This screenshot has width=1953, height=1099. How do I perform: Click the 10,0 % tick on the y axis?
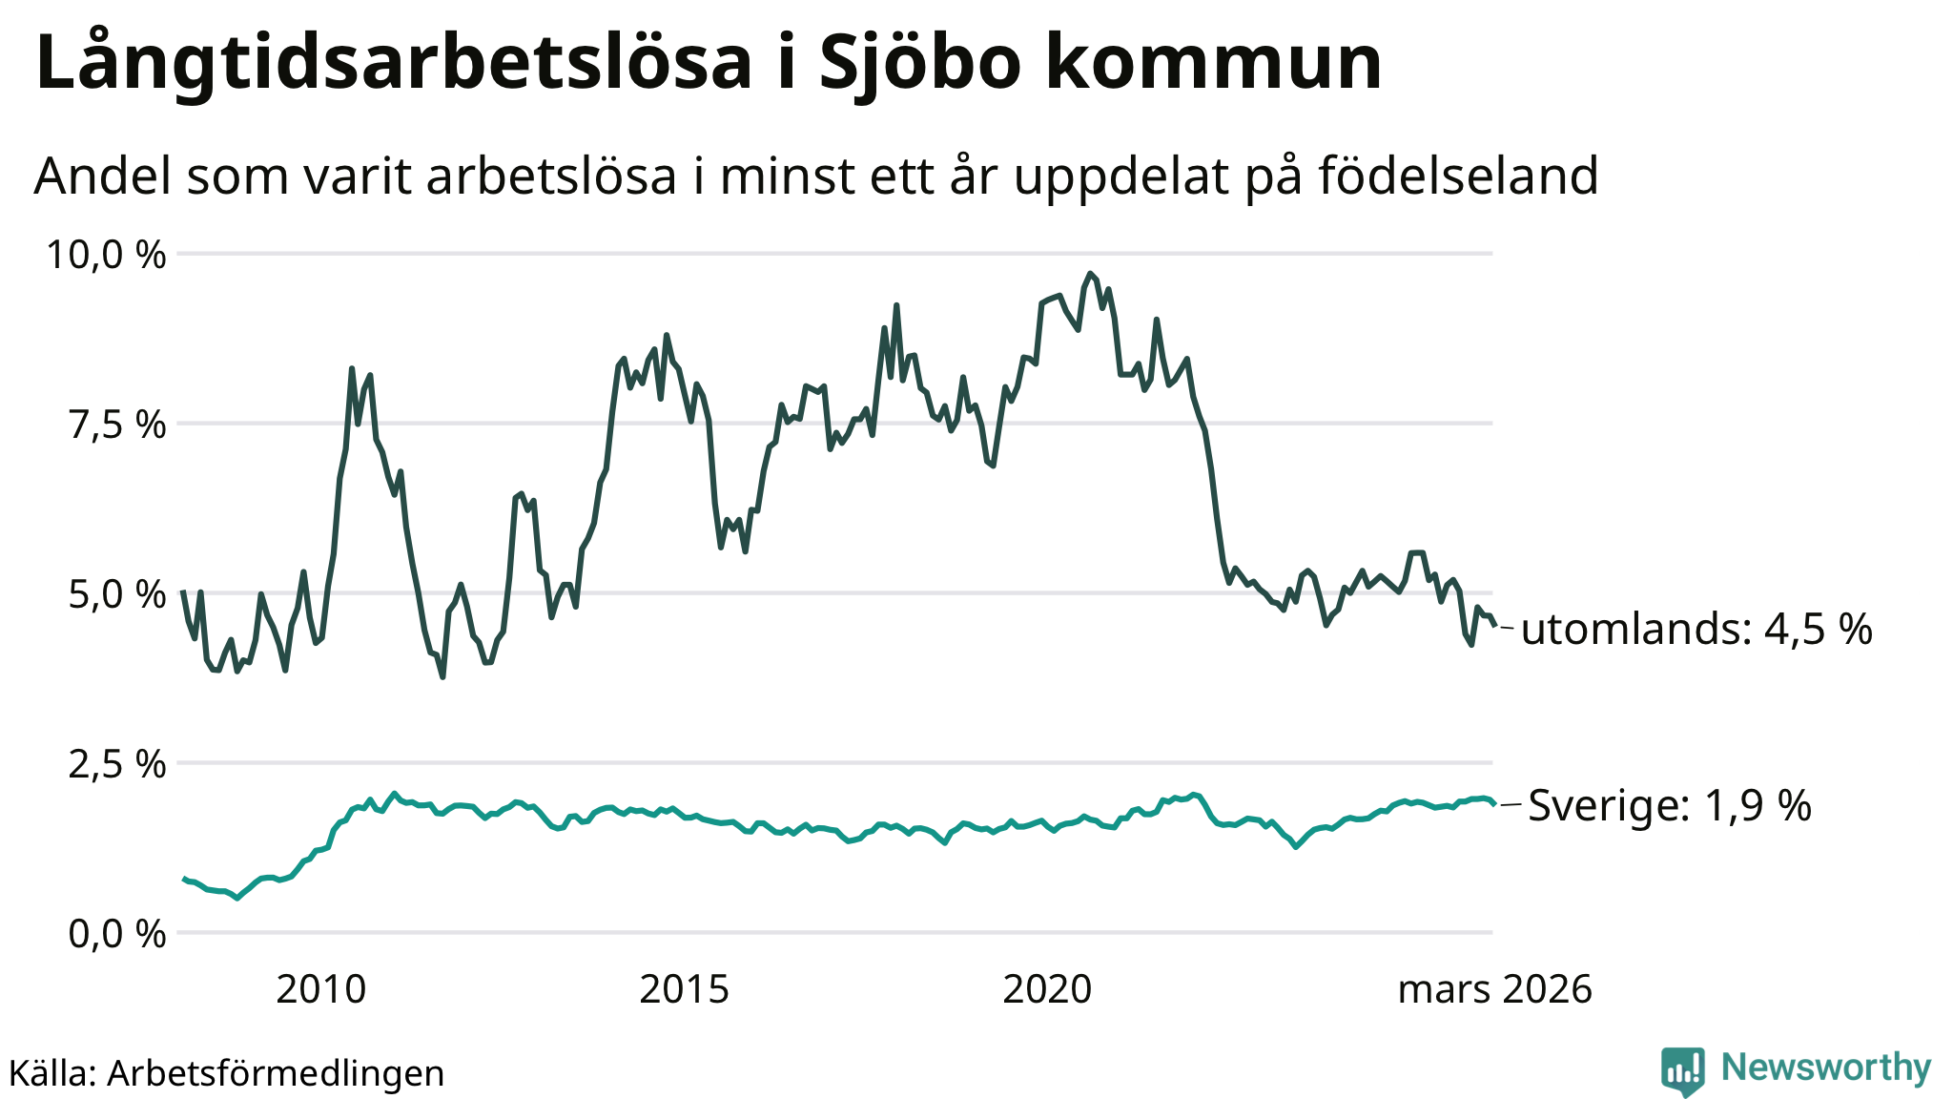click(x=106, y=255)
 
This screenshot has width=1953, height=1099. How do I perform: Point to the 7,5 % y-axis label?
click(x=117, y=425)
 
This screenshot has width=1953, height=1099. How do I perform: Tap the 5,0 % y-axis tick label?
click(x=117, y=594)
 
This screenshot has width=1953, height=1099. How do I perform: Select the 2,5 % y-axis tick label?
click(x=117, y=764)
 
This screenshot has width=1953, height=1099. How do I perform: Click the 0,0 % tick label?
click(x=117, y=934)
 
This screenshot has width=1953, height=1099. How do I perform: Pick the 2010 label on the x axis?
click(x=320, y=990)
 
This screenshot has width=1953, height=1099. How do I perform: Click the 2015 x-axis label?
click(x=684, y=990)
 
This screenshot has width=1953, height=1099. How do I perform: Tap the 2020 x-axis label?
click(x=1047, y=990)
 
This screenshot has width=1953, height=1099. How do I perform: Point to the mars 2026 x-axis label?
click(x=1494, y=990)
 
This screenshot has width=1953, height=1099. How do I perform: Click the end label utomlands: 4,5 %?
click(x=1696, y=630)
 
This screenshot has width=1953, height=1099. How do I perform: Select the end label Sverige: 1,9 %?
click(x=1669, y=806)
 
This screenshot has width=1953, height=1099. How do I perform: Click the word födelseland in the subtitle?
click(x=1458, y=176)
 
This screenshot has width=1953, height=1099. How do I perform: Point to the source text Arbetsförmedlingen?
click(x=276, y=1073)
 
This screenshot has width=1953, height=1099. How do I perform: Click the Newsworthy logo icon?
click(x=1682, y=1070)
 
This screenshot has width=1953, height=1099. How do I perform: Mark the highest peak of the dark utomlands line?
click(x=1090, y=274)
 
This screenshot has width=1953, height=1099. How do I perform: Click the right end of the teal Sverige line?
click(x=1492, y=804)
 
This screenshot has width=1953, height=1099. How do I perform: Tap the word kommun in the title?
click(x=1213, y=63)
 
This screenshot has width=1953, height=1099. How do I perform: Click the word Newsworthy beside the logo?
click(x=1825, y=1068)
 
